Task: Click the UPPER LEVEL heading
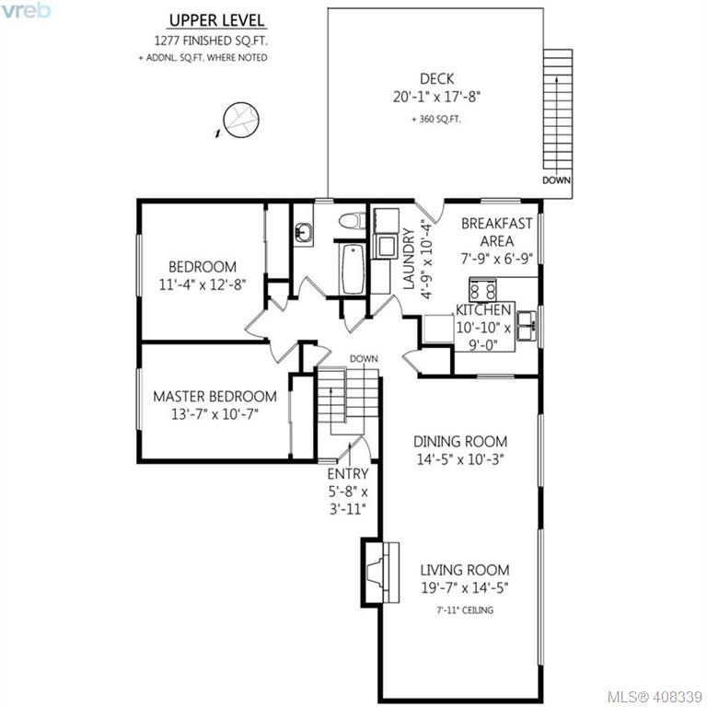click(217, 21)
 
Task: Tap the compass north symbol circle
click(241, 121)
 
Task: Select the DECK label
click(436, 79)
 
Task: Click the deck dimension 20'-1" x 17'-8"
click(436, 97)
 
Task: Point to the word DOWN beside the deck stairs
click(556, 180)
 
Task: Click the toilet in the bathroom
click(353, 221)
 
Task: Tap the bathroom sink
click(303, 233)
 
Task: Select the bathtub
click(353, 269)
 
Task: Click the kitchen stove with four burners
click(482, 290)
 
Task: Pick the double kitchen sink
click(527, 326)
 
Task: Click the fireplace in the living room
click(380, 573)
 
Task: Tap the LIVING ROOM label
click(465, 570)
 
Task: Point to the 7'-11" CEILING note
click(465, 610)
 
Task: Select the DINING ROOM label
click(460, 442)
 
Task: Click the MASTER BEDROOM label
click(214, 397)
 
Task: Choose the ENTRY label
click(348, 474)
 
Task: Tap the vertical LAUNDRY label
click(409, 259)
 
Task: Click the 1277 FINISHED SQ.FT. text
click(211, 41)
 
